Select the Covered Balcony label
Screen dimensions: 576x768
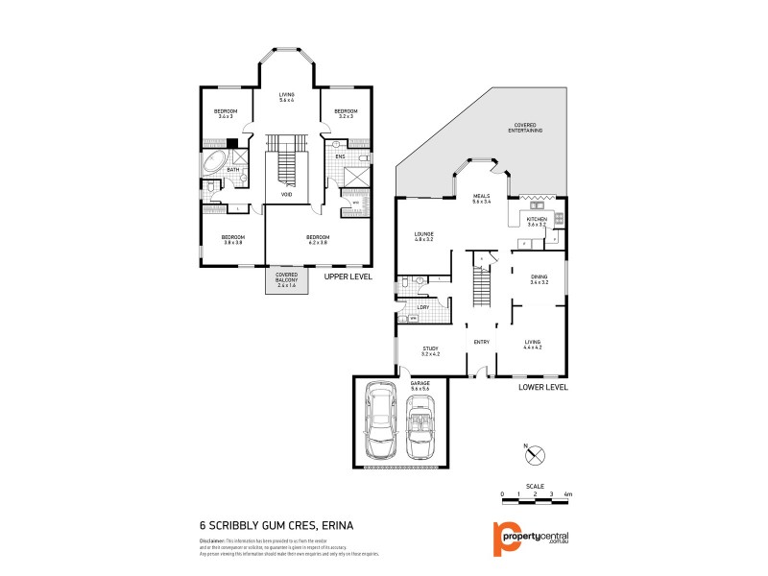pos(286,281)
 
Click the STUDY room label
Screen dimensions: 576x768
pos(430,350)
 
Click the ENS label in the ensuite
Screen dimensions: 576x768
pos(340,156)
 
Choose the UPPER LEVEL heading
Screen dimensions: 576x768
pos(347,276)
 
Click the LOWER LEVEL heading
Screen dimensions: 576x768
pos(543,387)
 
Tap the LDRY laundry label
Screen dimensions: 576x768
pos(422,306)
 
